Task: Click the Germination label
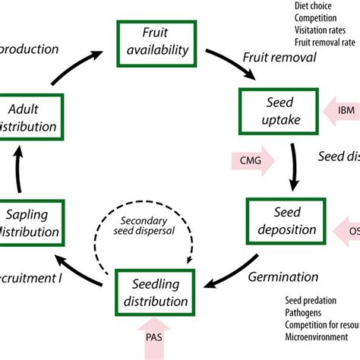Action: coord(283,277)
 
